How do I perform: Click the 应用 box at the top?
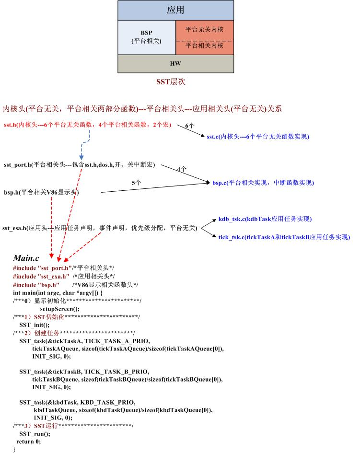[175, 10]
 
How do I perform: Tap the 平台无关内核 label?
[204, 29]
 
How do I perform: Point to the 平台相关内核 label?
[204, 46]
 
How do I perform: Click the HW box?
[175, 63]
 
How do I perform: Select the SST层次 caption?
[171, 82]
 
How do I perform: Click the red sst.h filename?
[10, 125]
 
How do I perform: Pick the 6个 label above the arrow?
[189, 126]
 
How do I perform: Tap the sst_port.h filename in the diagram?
[17, 164]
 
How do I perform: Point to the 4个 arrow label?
[182, 169]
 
